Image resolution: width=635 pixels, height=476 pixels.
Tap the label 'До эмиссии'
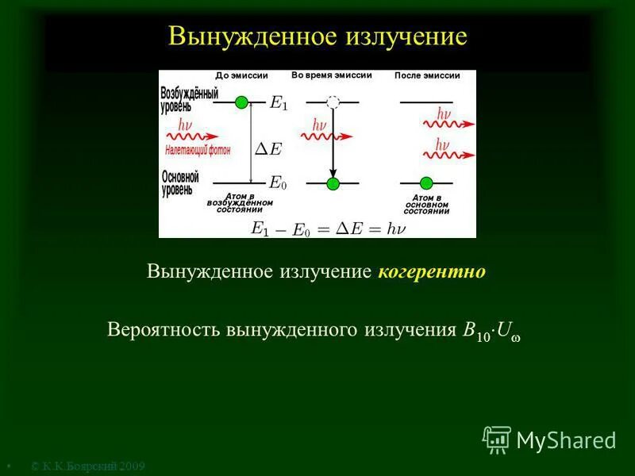(242, 75)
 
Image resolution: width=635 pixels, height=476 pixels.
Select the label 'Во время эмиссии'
(331, 75)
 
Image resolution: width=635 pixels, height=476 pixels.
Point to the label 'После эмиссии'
(427, 75)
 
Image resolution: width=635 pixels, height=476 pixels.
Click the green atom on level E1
(242, 102)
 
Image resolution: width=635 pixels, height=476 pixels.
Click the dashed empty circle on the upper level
(333, 102)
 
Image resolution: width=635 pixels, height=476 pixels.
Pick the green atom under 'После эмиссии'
(426, 182)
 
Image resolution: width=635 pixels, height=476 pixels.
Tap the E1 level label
(279, 102)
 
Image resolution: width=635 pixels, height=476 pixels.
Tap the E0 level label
(278, 182)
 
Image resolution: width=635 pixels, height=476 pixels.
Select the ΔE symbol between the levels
(267, 148)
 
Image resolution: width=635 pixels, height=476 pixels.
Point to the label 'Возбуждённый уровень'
(189, 98)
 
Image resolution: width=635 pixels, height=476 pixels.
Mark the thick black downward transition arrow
(333, 147)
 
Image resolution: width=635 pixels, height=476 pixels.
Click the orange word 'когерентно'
(432, 272)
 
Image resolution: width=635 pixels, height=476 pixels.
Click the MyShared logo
(549, 440)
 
